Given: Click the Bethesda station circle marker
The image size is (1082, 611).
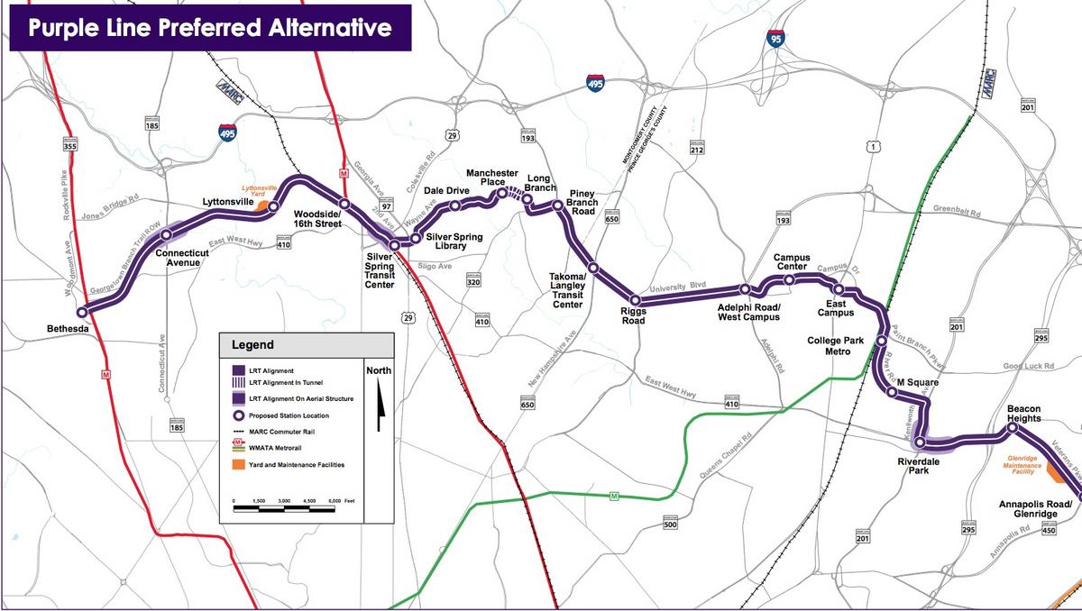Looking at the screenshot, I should coord(82,312).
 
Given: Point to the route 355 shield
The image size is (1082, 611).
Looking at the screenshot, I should coord(70,144).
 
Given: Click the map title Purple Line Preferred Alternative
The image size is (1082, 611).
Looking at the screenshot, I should coord(209,27).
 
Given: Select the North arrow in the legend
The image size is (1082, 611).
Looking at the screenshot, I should coord(379,397).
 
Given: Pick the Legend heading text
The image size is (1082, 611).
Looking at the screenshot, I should coord(252,344).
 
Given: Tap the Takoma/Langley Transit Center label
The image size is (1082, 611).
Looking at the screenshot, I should coord(567,291).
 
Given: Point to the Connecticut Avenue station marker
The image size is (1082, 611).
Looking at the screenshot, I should coord(167,235).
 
